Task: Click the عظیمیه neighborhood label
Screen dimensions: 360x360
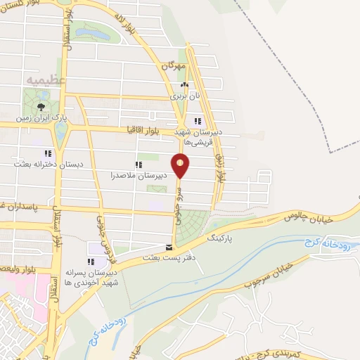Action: click(x=46, y=80)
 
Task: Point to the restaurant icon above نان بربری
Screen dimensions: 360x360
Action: click(x=184, y=86)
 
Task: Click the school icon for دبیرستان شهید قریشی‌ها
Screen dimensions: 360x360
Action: click(x=198, y=120)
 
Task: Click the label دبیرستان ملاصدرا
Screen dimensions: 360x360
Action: click(x=141, y=174)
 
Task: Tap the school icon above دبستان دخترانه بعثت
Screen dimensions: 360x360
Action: click(x=48, y=153)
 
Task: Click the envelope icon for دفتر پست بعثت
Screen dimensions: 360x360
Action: click(x=168, y=247)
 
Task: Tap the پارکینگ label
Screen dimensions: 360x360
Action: click(x=224, y=238)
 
